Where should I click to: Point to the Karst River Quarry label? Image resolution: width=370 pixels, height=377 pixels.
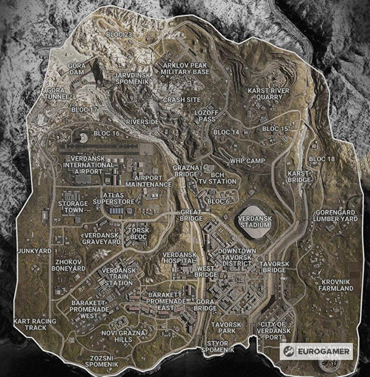tap(268, 94)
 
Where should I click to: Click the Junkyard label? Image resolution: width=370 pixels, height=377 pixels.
tap(34, 251)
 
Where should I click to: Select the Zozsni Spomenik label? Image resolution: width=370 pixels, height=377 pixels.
tap(106, 360)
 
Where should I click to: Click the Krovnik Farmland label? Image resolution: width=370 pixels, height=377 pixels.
tap(337, 285)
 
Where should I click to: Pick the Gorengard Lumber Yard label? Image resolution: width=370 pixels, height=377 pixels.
tap(337, 216)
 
